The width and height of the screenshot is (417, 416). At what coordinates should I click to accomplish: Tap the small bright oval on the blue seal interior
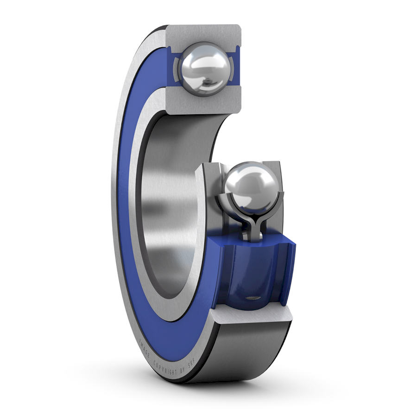pos(253,298)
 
